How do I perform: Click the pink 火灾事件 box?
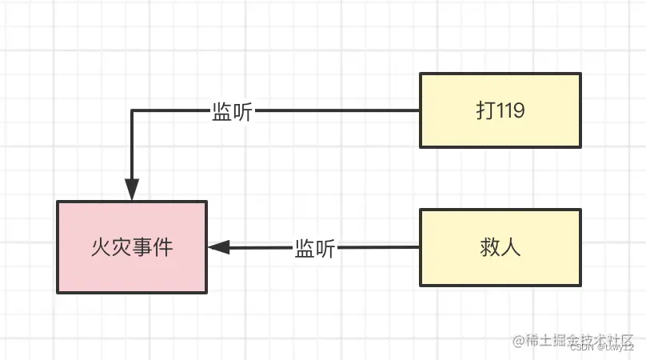pyautogui.click(x=131, y=246)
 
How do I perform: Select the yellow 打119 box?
pyautogui.click(x=500, y=110)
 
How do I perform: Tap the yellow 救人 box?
pyautogui.click(x=500, y=247)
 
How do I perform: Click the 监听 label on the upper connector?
pyautogui.click(x=232, y=112)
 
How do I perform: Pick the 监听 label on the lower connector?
pyautogui.click(x=314, y=248)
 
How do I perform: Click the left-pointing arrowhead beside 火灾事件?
pyautogui.click(x=218, y=247)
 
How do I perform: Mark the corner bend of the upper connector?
pyautogui.click(x=132, y=111)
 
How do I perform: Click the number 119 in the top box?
pyautogui.click(x=511, y=111)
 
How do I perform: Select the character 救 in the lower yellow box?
pyautogui.click(x=489, y=247)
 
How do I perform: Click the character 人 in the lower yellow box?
pyautogui.click(x=512, y=247)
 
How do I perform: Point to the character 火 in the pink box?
pyautogui.click(x=101, y=247)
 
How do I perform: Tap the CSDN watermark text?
pyautogui.click(x=584, y=348)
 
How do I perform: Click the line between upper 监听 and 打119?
pyautogui.click(x=336, y=111)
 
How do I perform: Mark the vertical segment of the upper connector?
pyautogui.click(x=132, y=148)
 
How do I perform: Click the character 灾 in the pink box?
pyautogui.click(x=122, y=247)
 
